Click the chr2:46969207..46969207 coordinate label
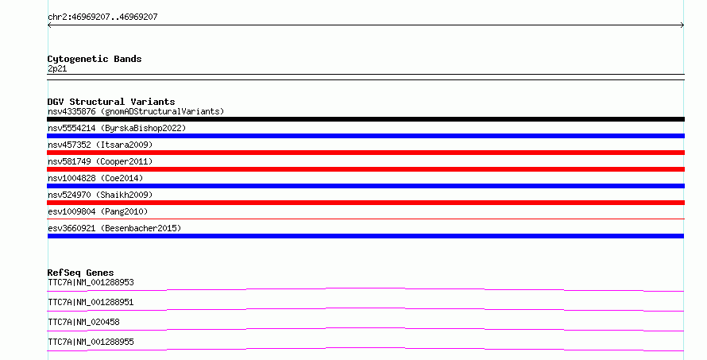[102, 17]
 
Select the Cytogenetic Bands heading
[95, 59]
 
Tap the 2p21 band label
[57, 68]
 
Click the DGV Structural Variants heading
[111, 102]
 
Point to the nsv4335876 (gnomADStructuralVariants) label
[136, 111]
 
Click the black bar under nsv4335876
[365, 119]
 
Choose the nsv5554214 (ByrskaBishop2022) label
[117, 128]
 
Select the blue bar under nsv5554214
[365, 136]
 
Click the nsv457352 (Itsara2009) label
[100, 145]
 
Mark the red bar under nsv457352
[365, 153]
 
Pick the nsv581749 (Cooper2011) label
[100, 161]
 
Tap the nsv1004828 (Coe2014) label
[95, 178]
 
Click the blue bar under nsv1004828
[365, 186]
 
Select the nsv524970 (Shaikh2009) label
[100, 195]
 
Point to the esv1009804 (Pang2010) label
[98, 211]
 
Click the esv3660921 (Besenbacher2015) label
[114, 228]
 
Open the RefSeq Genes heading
[80, 273]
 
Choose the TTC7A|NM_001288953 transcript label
[91, 282]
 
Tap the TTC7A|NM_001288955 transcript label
[91, 342]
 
